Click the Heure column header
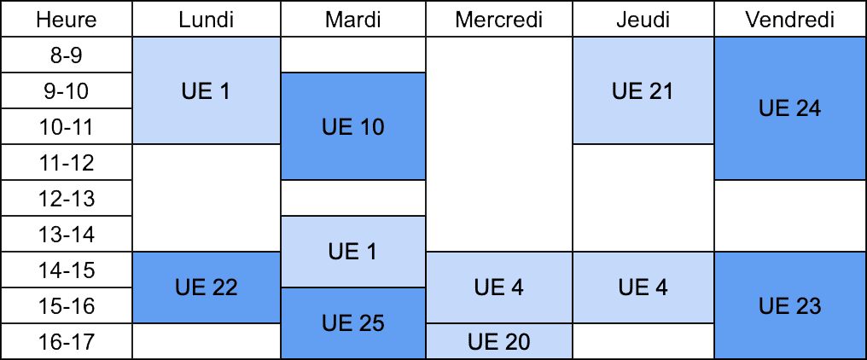[x=67, y=19]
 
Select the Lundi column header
[x=207, y=19]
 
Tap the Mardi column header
[x=353, y=19]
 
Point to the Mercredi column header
[x=499, y=19]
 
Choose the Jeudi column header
[x=643, y=19]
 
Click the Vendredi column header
[x=789, y=19]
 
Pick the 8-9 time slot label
[x=67, y=55]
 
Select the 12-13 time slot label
[x=67, y=198]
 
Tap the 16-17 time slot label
[x=67, y=341]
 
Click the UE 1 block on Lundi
[x=207, y=90]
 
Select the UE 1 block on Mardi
[x=353, y=252]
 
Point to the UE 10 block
[x=353, y=126]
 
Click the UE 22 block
[x=207, y=287]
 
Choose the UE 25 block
[x=353, y=323]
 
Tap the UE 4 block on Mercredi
[x=499, y=287]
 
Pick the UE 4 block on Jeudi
[x=643, y=287]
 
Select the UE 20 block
[x=499, y=341]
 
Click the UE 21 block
[x=643, y=90]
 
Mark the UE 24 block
[x=789, y=108]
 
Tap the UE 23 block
[x=789, y=305]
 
